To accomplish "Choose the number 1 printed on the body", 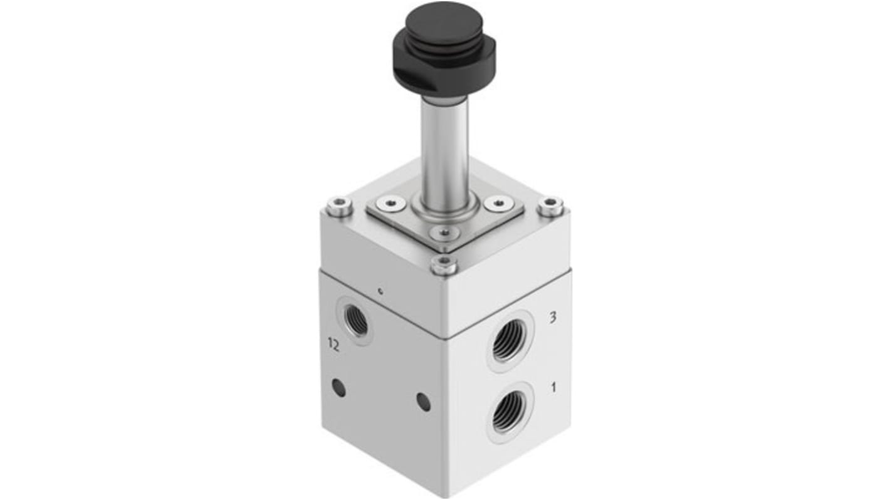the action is pyautogui.click(x=553, y=387).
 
